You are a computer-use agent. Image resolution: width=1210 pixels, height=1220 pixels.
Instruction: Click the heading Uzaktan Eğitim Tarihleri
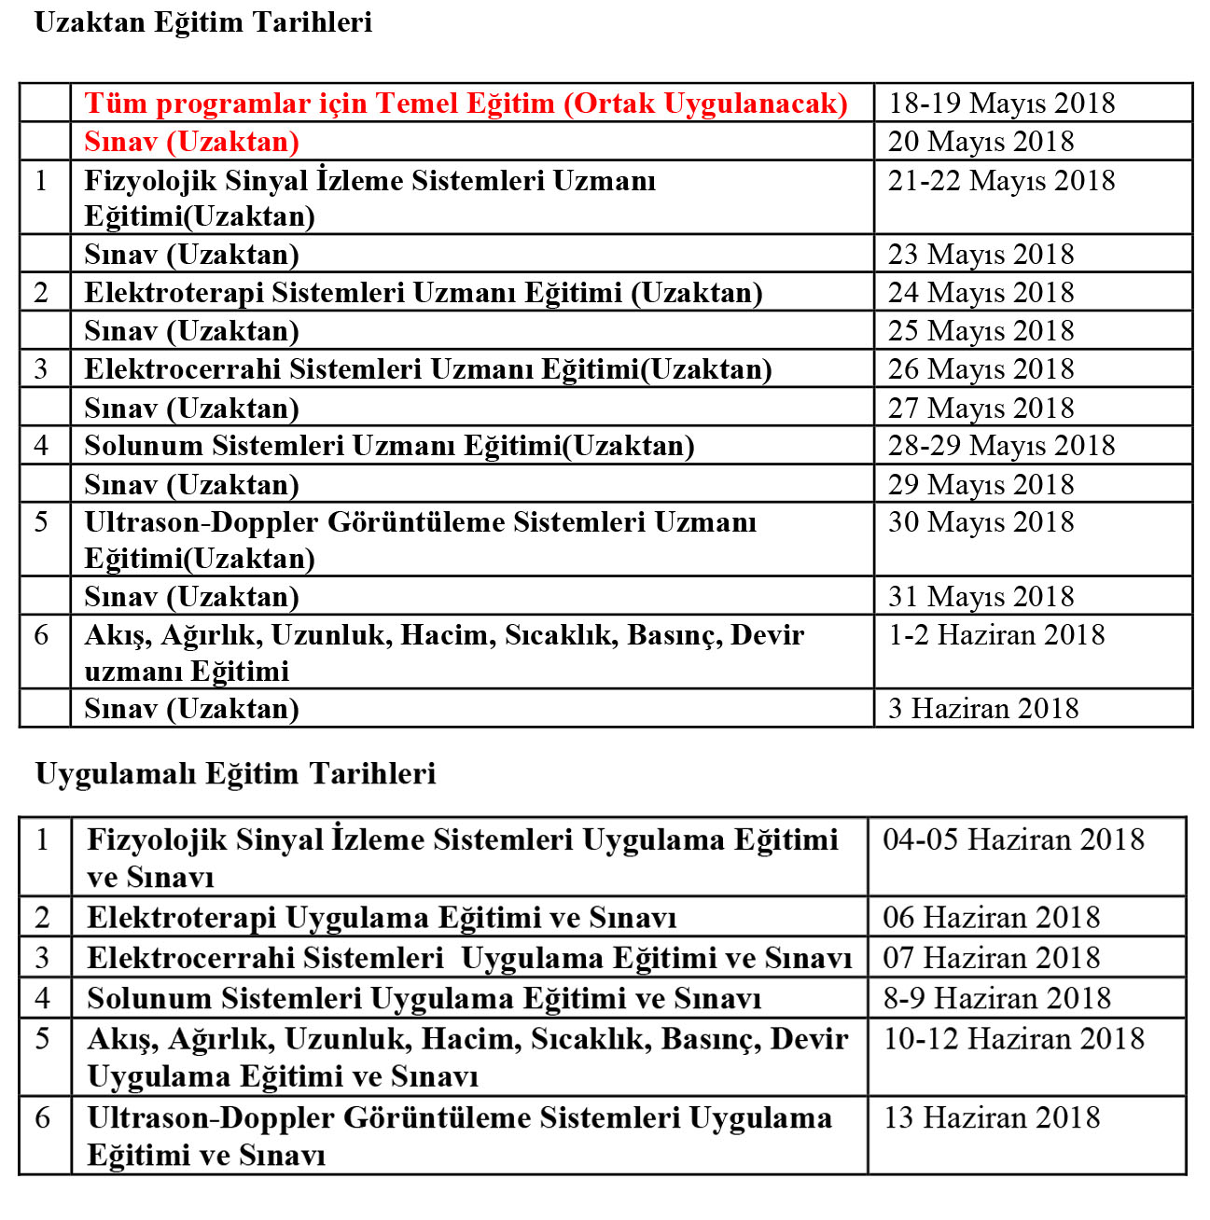202,22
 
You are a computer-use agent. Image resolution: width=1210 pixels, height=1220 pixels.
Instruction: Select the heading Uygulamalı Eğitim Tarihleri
235,774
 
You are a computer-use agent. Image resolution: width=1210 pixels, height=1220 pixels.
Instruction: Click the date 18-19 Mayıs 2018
1001,104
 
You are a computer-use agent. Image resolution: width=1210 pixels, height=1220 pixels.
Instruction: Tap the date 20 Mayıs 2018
981,142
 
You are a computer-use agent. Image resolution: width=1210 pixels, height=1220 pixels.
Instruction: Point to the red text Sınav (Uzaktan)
191,142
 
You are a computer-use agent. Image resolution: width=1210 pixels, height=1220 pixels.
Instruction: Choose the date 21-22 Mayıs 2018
1001,181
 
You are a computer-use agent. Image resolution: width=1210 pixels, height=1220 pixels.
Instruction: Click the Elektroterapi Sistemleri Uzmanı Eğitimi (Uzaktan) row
423,293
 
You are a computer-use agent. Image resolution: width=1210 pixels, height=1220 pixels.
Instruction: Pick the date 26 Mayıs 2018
981,369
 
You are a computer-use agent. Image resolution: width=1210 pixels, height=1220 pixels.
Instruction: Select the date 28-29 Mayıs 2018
1001,446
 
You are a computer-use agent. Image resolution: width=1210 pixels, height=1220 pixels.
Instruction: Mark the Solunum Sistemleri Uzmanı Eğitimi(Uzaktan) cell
389,446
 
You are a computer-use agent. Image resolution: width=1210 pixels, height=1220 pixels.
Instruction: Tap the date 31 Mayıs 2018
981,597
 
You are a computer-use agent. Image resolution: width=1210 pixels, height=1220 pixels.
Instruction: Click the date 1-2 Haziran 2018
996,635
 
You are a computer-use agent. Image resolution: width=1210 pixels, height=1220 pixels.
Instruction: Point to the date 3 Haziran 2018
983,709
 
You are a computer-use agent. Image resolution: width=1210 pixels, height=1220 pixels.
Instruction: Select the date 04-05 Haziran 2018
1013,840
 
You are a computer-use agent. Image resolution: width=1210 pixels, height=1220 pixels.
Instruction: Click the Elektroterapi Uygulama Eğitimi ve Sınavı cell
382,918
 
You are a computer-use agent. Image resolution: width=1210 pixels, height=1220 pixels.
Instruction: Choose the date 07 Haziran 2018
991,958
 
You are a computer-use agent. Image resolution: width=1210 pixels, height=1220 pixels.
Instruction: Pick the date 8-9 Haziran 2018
996,999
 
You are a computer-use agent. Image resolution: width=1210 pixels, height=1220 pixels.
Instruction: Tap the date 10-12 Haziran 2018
1013,1039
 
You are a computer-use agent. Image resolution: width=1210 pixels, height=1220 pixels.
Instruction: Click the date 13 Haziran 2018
991,1117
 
